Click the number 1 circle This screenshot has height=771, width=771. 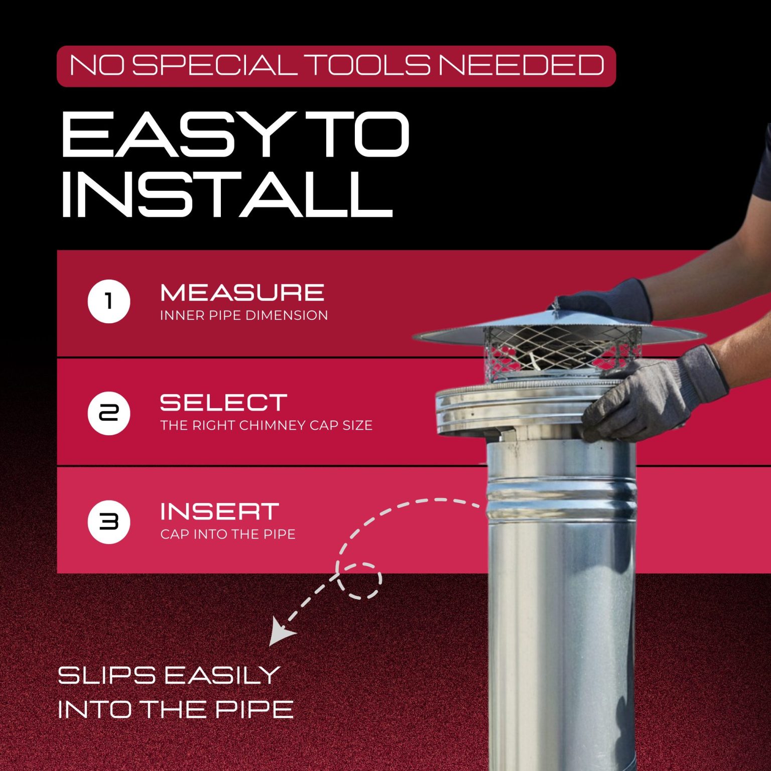(109, 301)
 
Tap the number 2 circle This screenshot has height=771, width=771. (109, 413)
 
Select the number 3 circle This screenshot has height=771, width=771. (109, 522)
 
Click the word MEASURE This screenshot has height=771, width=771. (242, 293)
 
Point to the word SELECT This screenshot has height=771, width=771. (223, 403)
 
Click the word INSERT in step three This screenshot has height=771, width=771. (219, 511)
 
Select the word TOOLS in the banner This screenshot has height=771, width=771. (367, 65)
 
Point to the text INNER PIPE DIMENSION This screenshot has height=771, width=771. (244, 315)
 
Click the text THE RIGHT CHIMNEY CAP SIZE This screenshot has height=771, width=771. (266, 425)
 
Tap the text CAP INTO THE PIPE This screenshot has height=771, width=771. (228, 534)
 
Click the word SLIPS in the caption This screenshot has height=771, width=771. (106, 675)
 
